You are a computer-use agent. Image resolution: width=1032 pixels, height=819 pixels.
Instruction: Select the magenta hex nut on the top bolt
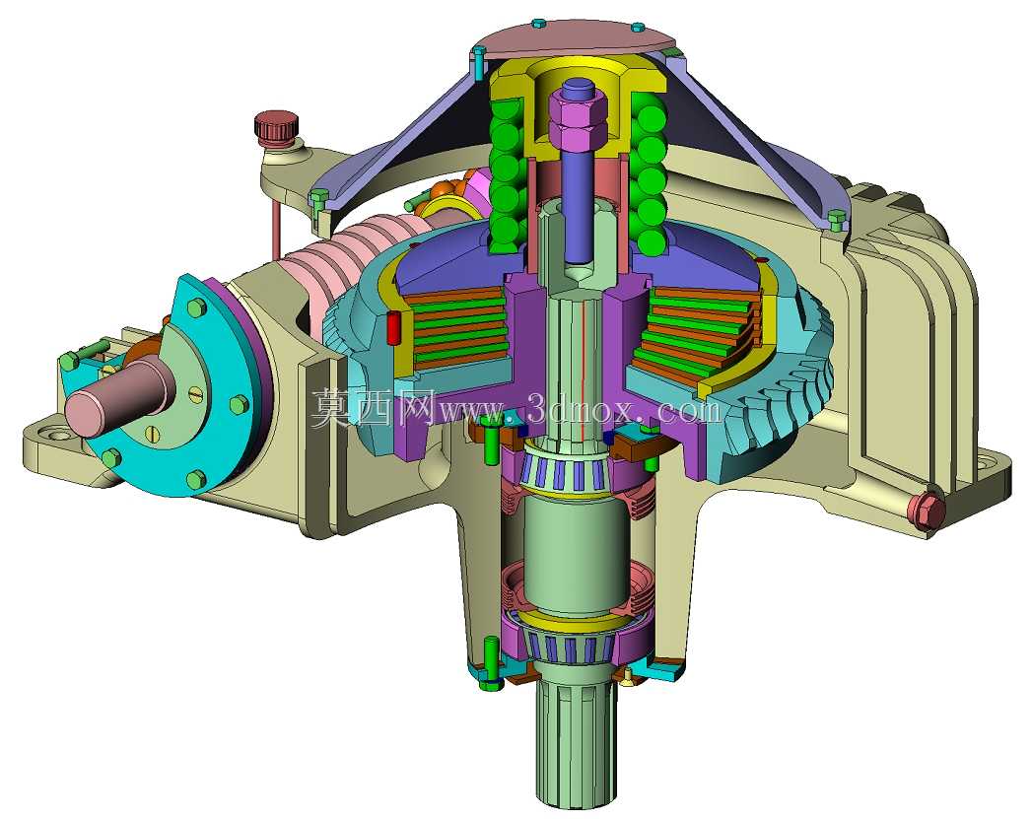[578, 121]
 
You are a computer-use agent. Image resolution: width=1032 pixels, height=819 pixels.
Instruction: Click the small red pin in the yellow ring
[394, 327]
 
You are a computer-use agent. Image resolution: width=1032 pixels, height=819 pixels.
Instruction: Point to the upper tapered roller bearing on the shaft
[566, 468]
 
